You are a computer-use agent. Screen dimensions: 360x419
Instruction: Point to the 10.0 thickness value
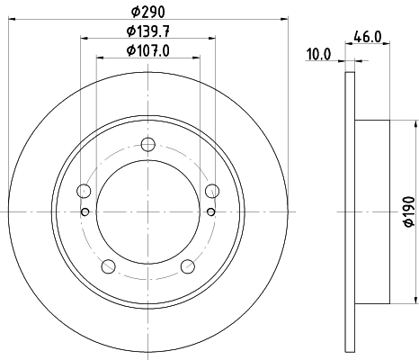tap(319, 55)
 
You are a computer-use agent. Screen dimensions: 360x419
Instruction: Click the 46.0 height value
tap(364, 37)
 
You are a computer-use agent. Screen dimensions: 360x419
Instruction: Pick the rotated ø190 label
tap(407, 211)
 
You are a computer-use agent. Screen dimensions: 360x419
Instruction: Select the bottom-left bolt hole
tap(109, 265)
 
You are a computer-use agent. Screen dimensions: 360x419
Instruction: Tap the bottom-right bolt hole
tap(188, 265)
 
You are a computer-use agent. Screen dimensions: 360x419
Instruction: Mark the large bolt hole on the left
tap(85, 190)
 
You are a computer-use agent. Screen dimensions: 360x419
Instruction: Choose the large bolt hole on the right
tap(212, 190)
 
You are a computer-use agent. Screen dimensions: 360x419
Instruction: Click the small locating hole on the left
tap(85, 212)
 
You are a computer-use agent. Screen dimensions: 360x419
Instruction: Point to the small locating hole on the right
tap(211, 212)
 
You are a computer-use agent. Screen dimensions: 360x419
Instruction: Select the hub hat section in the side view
tap(374, 211)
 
